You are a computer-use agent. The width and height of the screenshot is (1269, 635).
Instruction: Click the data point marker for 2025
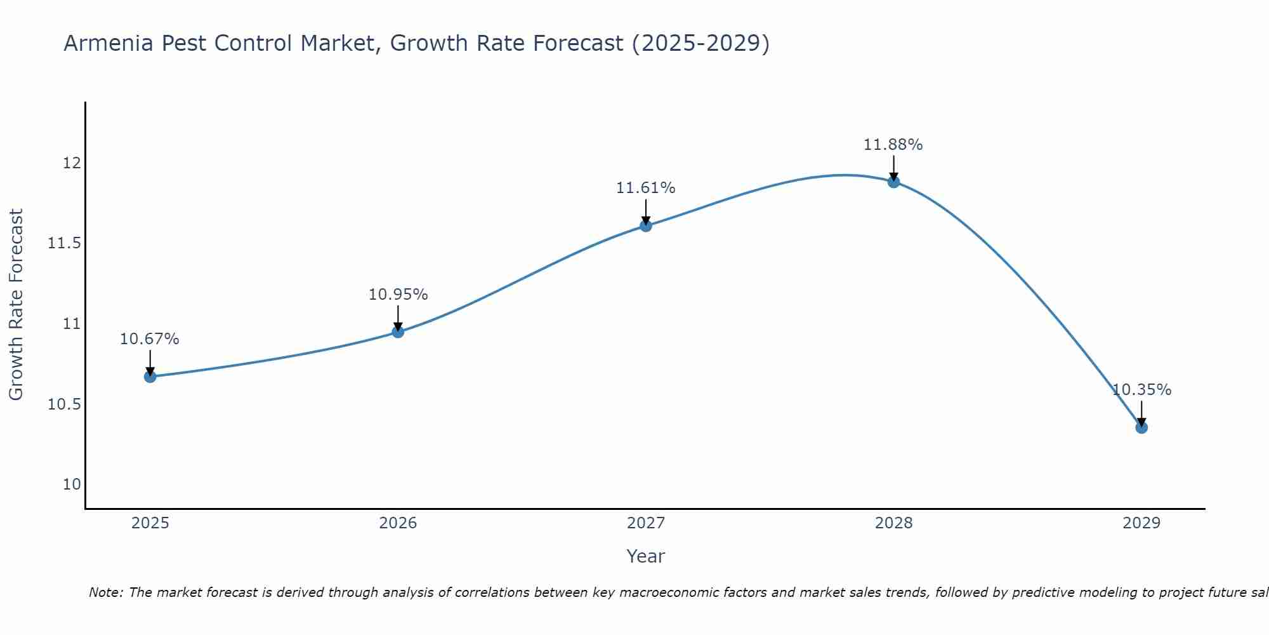click(x=150, y=377)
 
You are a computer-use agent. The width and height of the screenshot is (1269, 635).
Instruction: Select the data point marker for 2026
click(x=398, y=331)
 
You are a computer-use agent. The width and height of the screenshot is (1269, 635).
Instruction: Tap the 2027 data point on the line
click(x=646, y=225)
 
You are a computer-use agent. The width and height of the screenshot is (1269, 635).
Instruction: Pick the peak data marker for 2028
click(x=893, y=182)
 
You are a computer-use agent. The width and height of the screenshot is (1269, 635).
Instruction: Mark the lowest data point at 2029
click(x=1141, y=427)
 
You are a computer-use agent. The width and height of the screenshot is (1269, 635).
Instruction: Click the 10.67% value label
click(x=150, y=339)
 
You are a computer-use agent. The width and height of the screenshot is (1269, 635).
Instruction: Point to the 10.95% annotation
click(x=398, y=295)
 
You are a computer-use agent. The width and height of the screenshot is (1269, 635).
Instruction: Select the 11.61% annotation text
click(x=646, y=188)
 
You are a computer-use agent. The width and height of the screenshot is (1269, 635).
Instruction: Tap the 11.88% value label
click(x=893, y=145)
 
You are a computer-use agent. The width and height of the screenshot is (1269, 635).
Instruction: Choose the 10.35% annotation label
click(x=1141, y=390)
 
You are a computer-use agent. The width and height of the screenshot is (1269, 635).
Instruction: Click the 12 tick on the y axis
click(x=72, y=163)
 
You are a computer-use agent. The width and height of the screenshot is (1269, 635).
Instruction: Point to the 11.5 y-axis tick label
click(x=65, y=243)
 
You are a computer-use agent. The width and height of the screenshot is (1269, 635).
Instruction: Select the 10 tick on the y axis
click(x=72, y=485)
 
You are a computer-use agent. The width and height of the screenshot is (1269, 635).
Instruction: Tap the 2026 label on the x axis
click(x=398, y=523)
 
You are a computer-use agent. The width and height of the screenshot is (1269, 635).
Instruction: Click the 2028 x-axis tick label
click(x=893, y=523)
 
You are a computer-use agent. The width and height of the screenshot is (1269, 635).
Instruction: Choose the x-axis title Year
click(x=646, y=556)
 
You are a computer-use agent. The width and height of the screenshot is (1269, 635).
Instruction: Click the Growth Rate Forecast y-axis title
click(x=16, y=305)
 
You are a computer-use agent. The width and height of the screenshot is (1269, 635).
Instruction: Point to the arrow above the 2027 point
click(x=646, y=211)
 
